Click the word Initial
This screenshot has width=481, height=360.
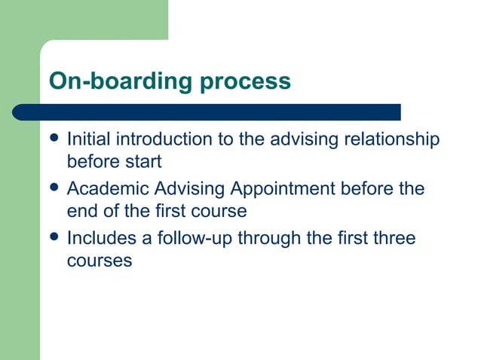coord(86,139)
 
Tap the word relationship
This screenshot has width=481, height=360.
coord(392,139)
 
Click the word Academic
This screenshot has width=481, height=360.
coord(103,189)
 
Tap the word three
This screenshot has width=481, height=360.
coord(392,239)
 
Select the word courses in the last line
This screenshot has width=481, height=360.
coord(100,261)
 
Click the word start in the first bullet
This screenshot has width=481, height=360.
coord(144,161)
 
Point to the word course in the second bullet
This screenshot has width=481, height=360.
coord(219,212)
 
